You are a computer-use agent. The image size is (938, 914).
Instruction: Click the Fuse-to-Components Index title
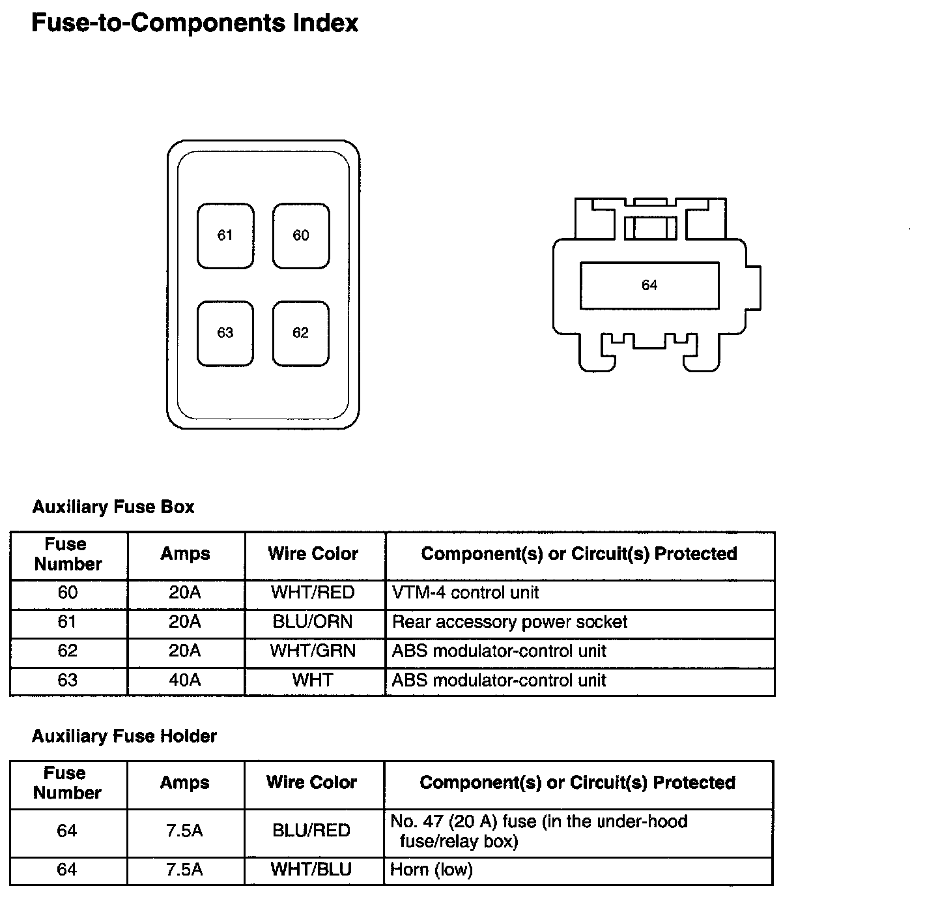click(x=195, y=23)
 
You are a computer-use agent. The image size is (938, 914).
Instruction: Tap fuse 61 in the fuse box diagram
click(x=225, y=235)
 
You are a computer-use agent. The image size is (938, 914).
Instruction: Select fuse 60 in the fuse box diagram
click(x=301, y=235)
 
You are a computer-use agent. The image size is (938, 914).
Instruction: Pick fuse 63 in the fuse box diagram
click(x=225, y=333)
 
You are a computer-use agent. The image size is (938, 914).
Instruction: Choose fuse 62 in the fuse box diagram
click(x=301, y=333)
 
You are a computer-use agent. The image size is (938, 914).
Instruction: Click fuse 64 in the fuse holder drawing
click(x=649, y=286)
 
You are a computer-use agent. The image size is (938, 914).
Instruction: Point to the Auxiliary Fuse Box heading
click(x=113, y=507)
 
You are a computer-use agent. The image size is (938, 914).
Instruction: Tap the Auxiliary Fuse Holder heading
click(x=124, y=736)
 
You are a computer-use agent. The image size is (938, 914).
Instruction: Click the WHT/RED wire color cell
click(x=313, y=593)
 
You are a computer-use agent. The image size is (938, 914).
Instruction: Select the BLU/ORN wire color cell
click(x=313, y=622)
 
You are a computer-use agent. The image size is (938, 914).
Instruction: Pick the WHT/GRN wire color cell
click(x=313, y=651)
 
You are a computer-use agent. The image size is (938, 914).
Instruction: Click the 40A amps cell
click(x=185, y=681)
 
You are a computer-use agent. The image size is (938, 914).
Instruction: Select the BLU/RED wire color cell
click(x=312, y=831)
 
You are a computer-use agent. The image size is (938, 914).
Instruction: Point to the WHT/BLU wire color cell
click(x=312, y=870)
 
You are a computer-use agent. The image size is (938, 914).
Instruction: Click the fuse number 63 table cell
click(x=68, y=681)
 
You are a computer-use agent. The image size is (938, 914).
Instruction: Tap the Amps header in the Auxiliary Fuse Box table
click(x=186, y=554)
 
